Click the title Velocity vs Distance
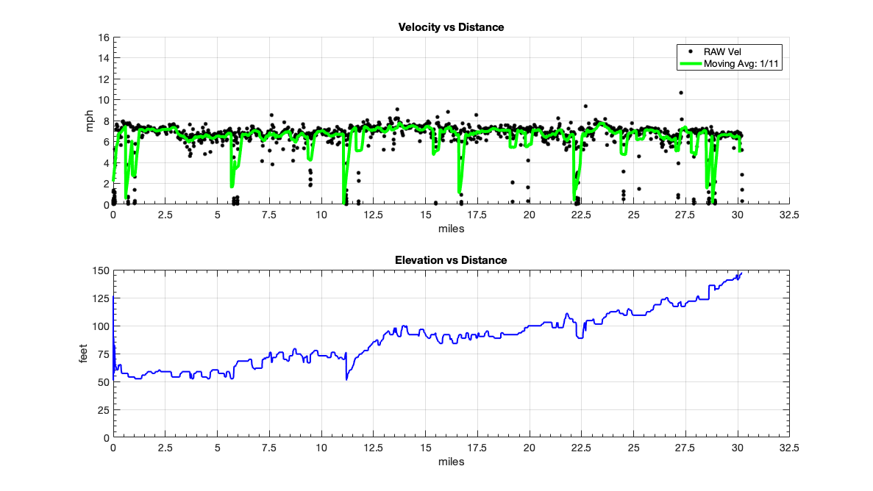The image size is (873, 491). [451, 27]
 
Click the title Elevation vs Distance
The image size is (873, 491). [451, 260]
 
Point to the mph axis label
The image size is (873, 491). [90, 121]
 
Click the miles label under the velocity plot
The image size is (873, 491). [451, 229]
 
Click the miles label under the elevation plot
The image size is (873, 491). [451, 462]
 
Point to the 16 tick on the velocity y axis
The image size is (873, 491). [104, 37]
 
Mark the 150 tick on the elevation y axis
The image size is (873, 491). [101, 270]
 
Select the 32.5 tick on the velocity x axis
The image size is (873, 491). [789, 215]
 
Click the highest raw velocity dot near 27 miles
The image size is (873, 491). [681, 93]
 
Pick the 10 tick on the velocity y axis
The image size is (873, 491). [104, 100]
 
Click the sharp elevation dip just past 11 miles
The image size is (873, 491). [346, 379]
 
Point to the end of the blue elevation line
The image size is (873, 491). [741, 273]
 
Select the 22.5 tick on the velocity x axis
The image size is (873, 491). [581, 215]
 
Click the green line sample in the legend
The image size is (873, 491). [690, 64]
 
